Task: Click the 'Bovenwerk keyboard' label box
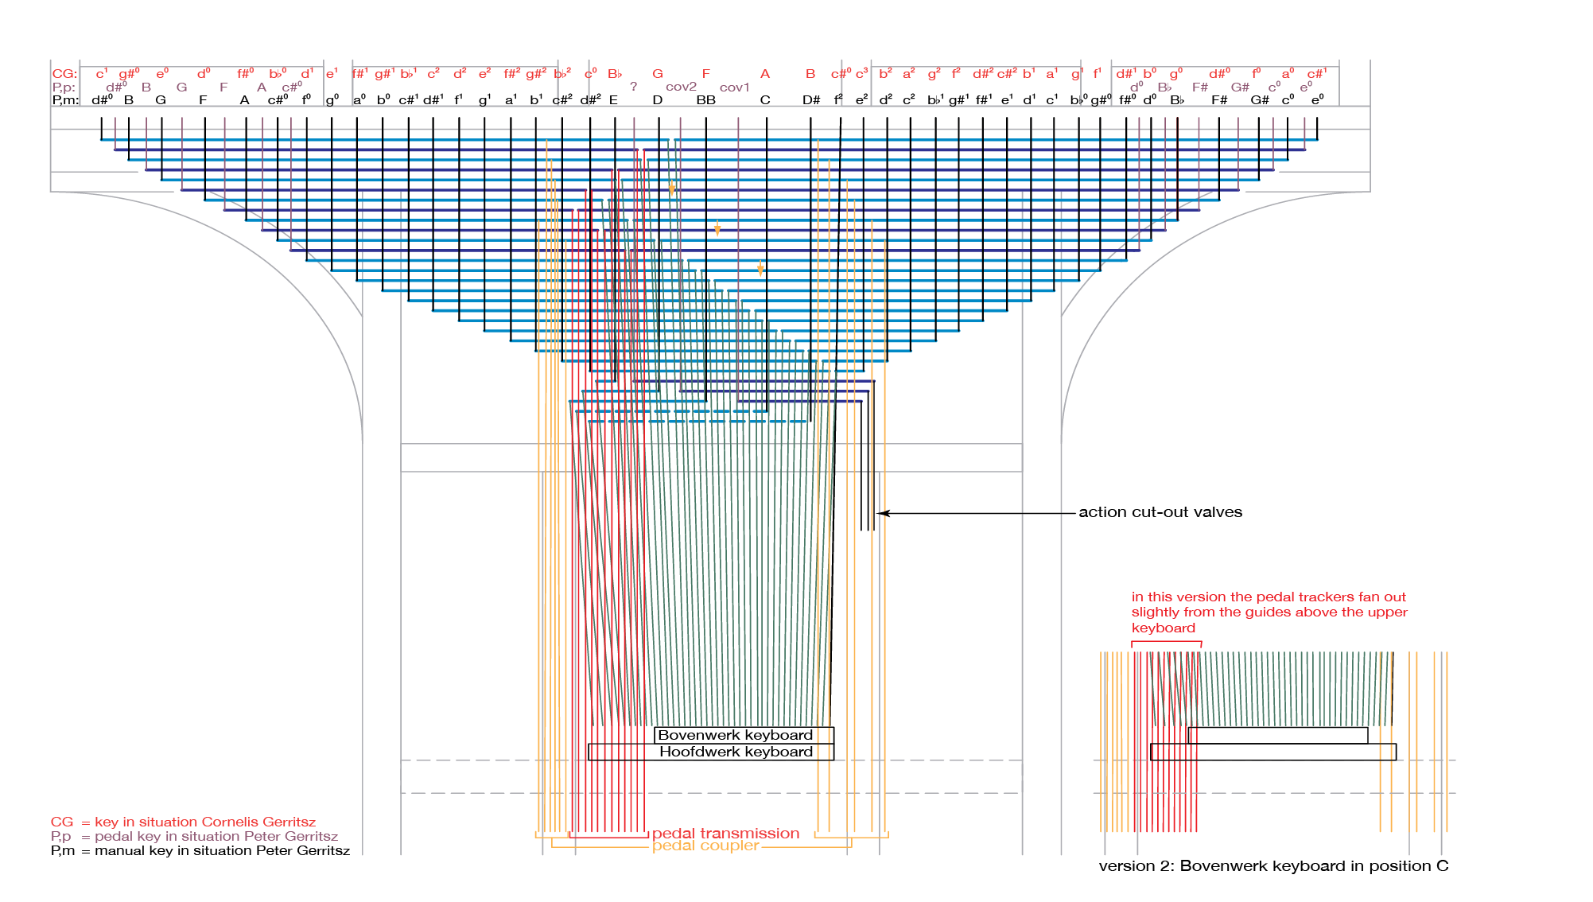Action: click(x=736, y=735)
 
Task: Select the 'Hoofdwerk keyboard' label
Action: click(x=736, y=752)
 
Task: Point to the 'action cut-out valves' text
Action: click(x=1160, y=512)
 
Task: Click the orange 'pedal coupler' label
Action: click(x=705, y=846)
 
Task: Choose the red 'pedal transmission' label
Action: click(x=725, y=834)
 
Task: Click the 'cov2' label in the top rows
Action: click(x=681, y=87)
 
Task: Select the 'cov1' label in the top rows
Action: click(x=734, y=87)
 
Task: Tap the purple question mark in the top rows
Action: click(x=633, y=87)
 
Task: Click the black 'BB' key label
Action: click(x=705, y=100)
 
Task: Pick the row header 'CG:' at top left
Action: click(x=64, y=74)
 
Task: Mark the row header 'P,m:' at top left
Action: click(x=65, y=100)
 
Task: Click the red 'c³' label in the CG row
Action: click(x=862, y=74)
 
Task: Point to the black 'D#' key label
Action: click(x=810, y=100)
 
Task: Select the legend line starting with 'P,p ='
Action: click(x=195, y=836)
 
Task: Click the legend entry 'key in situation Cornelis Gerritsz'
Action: click(x=204, y=822)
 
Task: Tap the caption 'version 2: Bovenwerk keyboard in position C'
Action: click(x=1272, y=866)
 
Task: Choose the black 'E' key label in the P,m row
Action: click(x=613, y=100)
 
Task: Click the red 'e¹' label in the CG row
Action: click(x=332, y=74)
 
